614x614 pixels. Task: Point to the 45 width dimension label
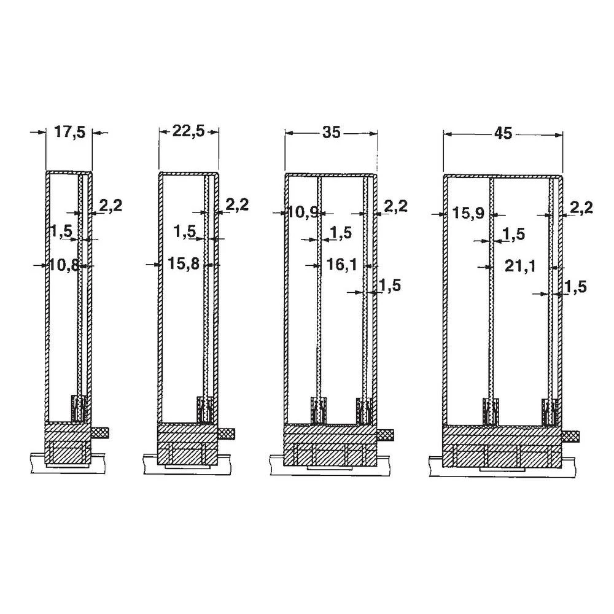[503, 134]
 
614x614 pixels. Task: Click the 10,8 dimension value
[64, 265]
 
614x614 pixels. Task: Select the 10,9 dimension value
[302, 213]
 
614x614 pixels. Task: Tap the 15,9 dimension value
[468, 213]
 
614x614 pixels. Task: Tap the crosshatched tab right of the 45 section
[571, 436]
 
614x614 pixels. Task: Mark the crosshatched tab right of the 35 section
[385, 435]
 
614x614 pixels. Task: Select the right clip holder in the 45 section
[550, 411]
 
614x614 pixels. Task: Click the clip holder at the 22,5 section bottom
[206, 410]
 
